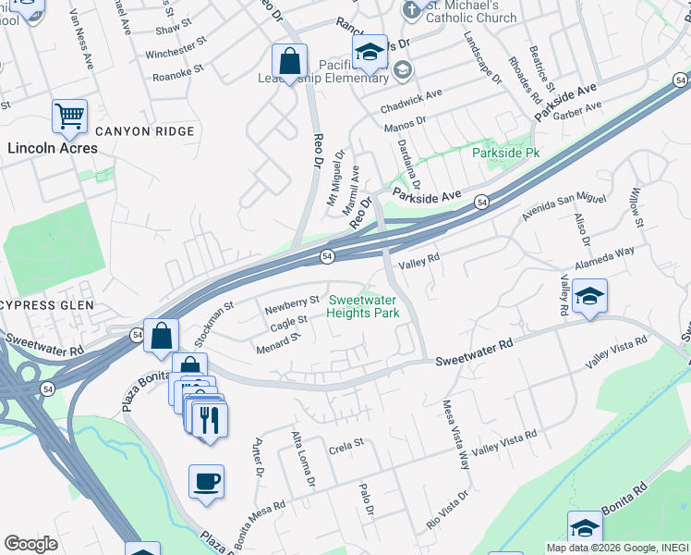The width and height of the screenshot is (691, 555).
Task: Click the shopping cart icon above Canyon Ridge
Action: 69,117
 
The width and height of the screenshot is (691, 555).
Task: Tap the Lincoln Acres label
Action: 52,148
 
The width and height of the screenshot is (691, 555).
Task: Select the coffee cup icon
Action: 206,482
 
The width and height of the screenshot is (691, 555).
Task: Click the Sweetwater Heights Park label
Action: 364,306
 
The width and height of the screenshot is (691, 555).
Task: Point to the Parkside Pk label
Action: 505,152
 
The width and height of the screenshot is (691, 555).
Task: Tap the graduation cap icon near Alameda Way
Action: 589,297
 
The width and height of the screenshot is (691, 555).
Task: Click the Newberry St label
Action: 292,301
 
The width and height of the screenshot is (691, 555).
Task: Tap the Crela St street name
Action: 347,443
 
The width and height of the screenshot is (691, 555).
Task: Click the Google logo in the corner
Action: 30,544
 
